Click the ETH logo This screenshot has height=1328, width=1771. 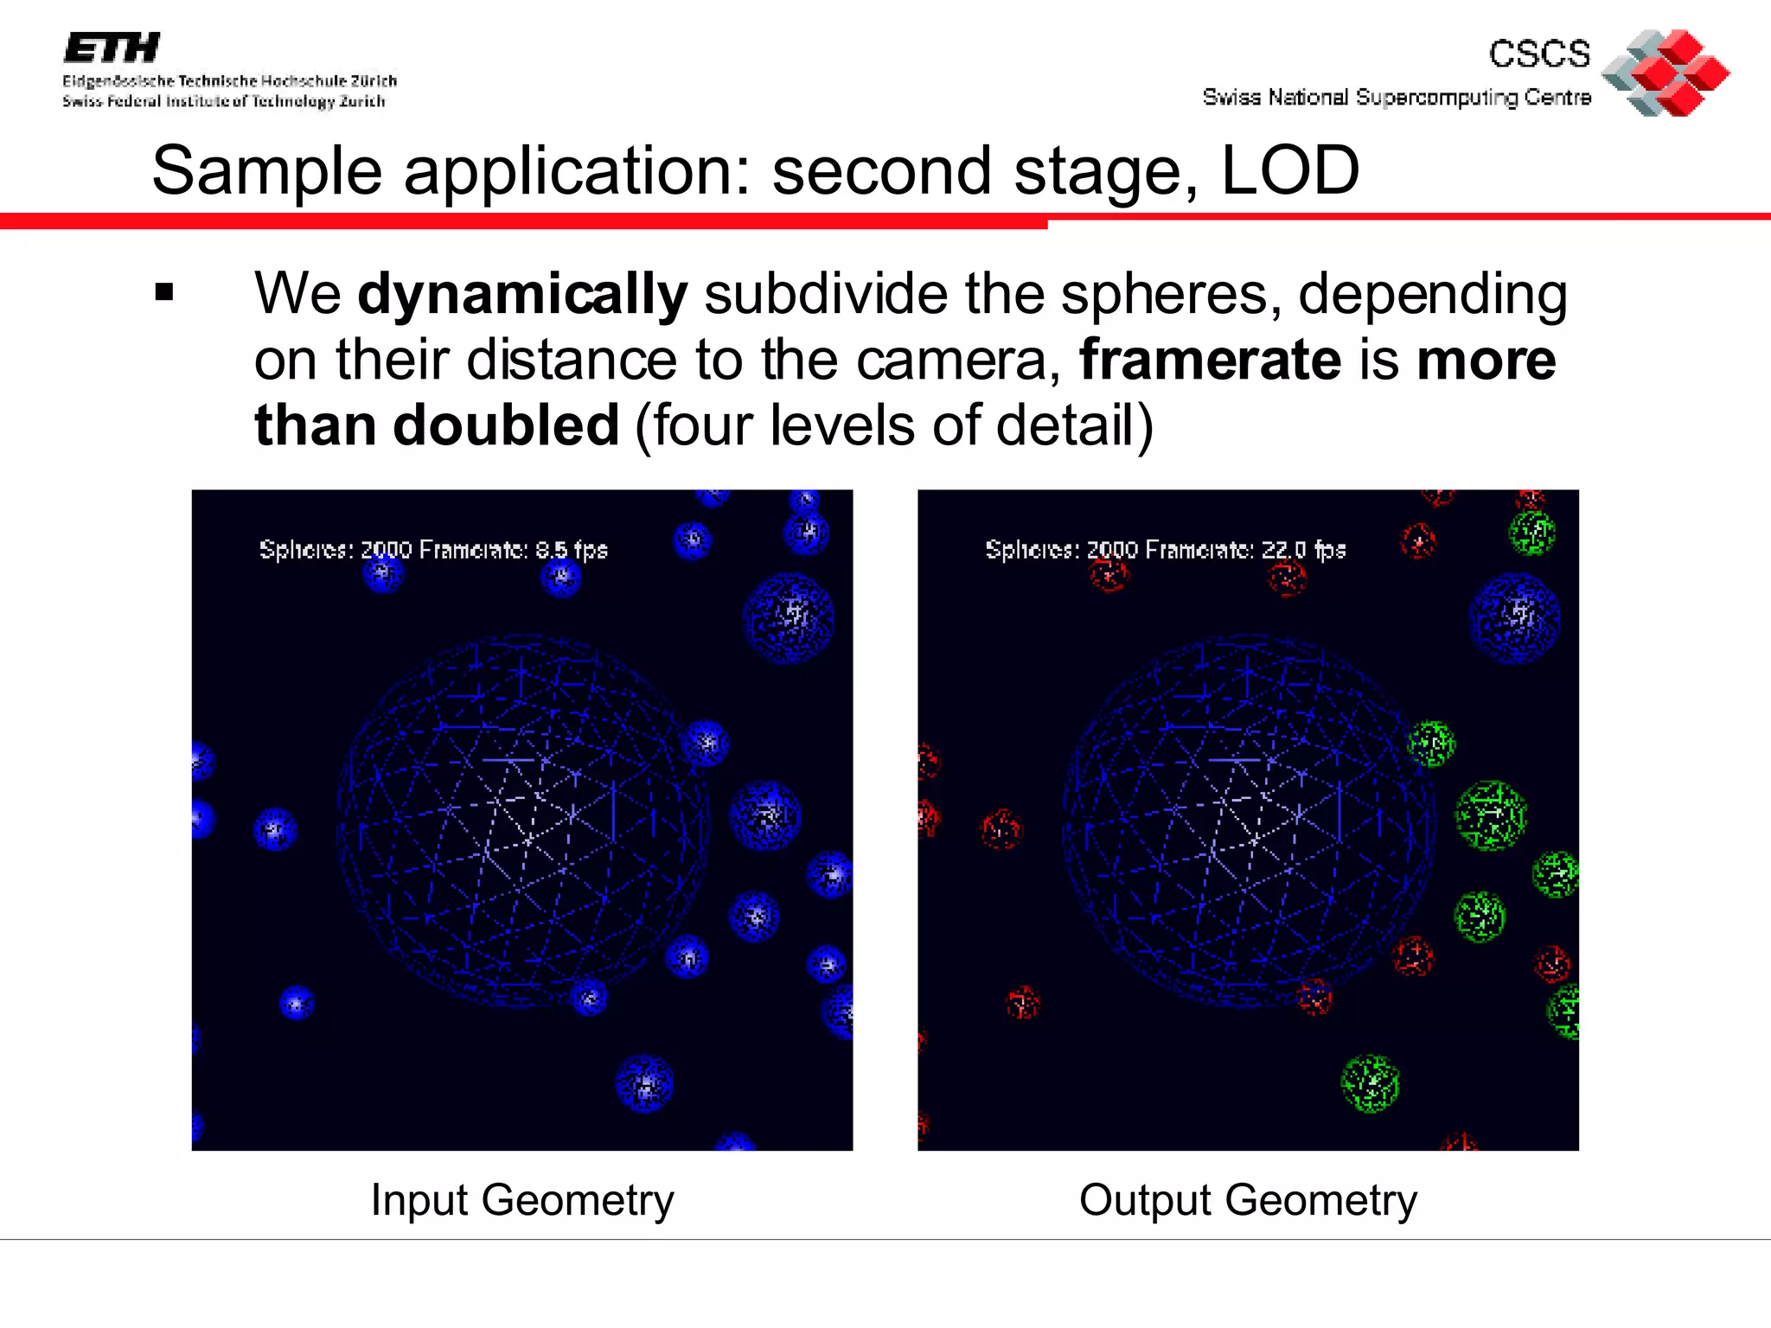coord(112,48)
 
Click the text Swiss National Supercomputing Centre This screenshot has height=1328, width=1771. coord(1396,97)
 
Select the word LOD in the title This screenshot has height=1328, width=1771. coord(1289,170)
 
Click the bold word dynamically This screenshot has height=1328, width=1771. coord(522,294)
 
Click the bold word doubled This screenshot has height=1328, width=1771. coord(506,425)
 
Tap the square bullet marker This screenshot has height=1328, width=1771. coord(164,293)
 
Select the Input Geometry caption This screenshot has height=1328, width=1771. coord(522,1200)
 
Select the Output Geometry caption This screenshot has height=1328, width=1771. coord(1248,1200)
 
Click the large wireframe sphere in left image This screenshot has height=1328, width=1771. coord(522,821)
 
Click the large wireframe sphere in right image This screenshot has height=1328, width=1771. coord(1248,821)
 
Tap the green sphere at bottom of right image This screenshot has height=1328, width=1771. coord(1370,1083)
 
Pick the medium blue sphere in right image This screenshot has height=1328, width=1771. coord(1514,617)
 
